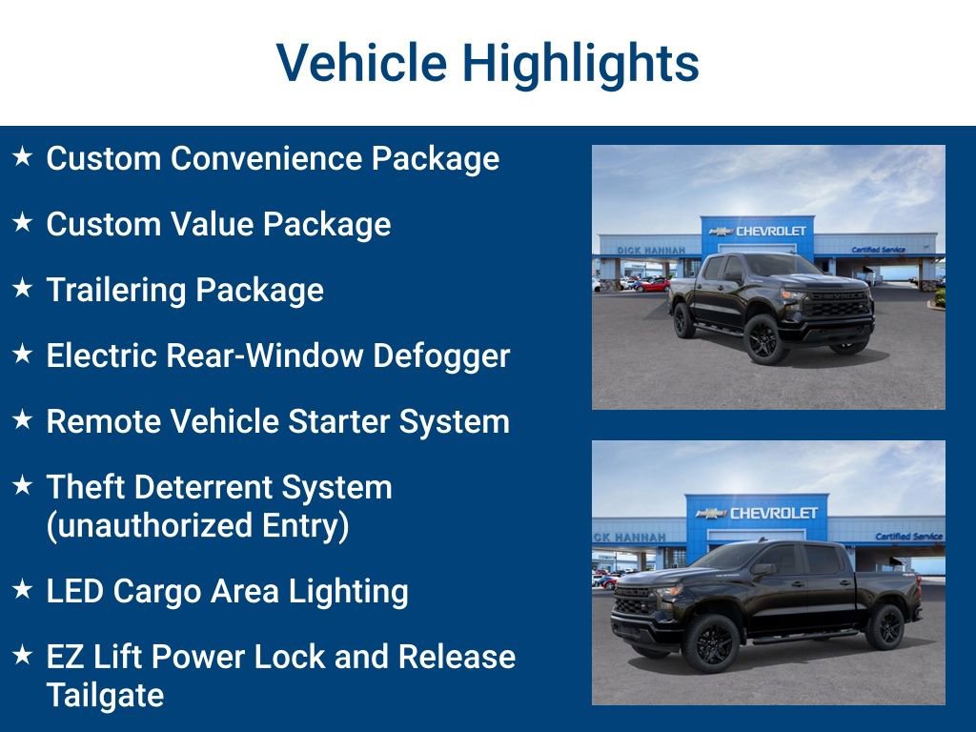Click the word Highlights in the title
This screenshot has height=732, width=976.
point(580,64)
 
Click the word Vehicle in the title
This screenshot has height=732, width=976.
point(361,64)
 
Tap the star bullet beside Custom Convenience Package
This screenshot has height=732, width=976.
point(23,156)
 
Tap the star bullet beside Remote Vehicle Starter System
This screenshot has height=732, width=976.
point(23,419)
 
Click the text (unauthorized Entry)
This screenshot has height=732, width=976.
point(197,525)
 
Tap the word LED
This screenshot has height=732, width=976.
point(74,591)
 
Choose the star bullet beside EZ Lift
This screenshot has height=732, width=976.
point(23,655)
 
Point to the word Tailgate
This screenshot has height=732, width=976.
point(105,695)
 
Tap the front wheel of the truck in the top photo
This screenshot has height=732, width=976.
point(766,339)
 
